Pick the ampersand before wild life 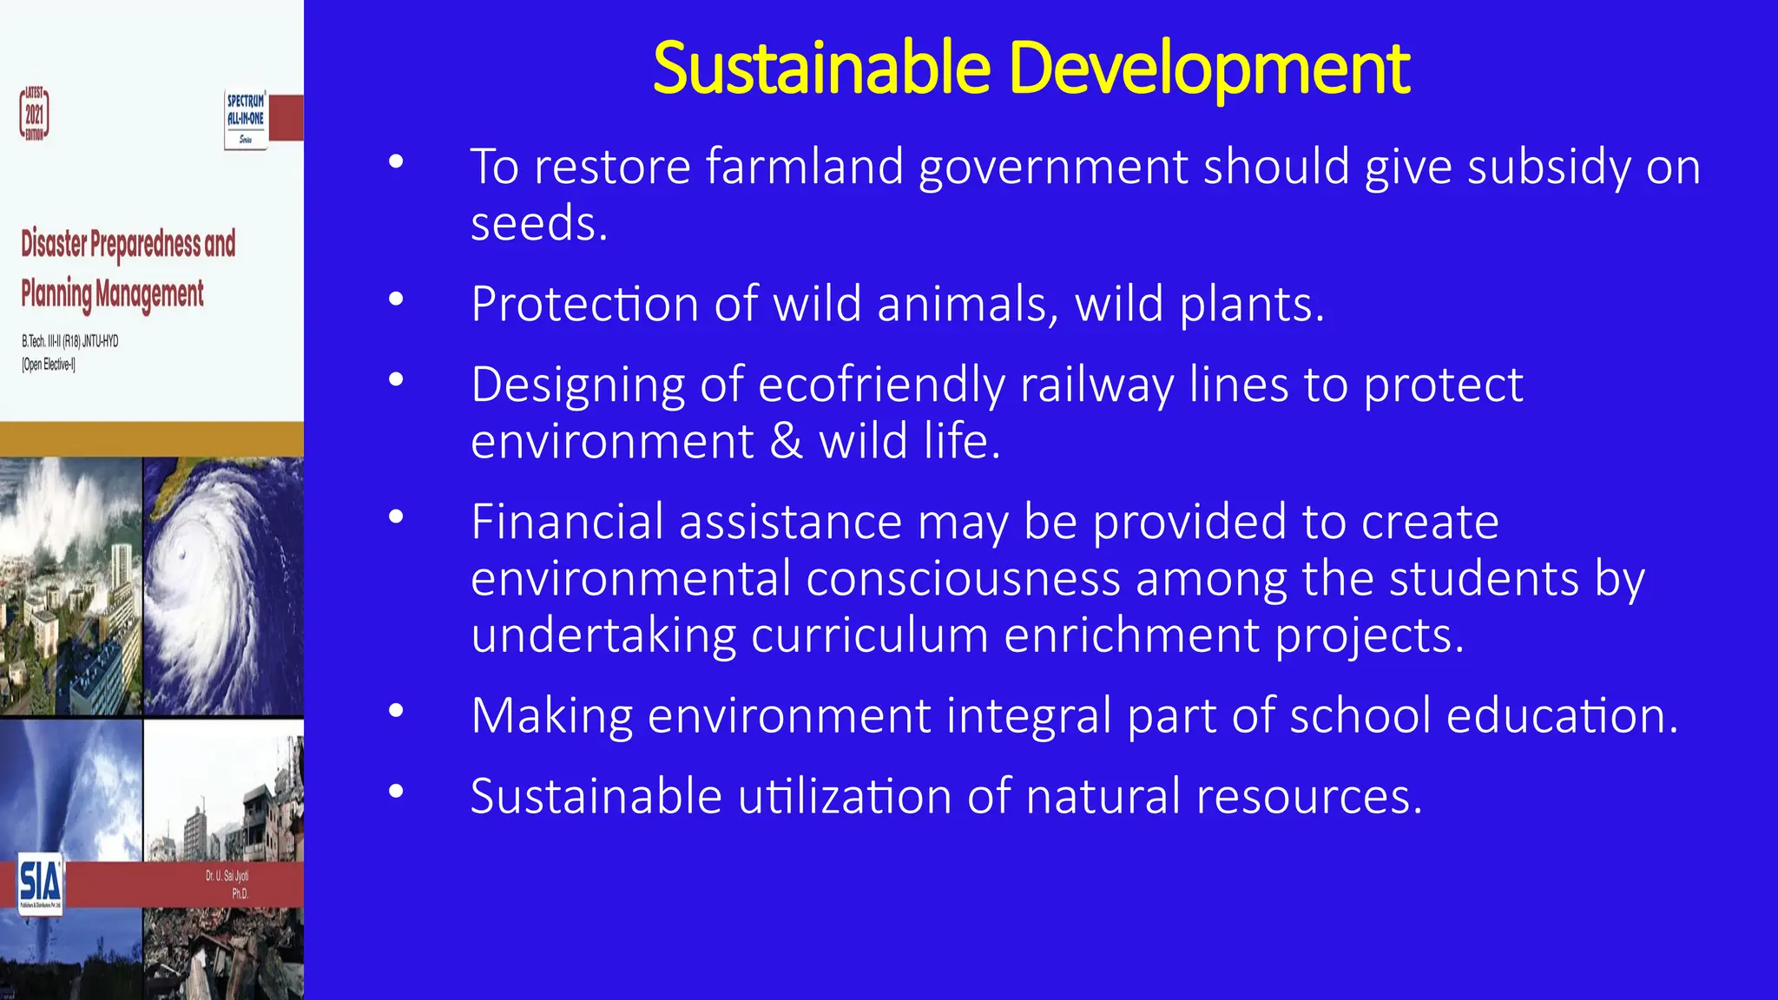point(787,441)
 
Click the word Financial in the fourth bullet point(567,522)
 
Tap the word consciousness point(963,579)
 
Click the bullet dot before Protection point(396,299)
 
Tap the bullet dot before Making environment point(396,711)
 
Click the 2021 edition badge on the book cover point(35,114)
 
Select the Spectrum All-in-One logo point(246,118)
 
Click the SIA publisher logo point(40,882)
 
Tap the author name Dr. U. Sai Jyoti point(227,876)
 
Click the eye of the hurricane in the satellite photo point(181,555)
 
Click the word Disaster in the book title point(54,244)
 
